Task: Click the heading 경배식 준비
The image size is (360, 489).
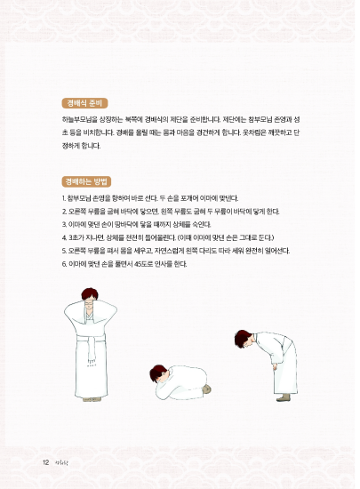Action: pyautogui.click(x=85, y=102)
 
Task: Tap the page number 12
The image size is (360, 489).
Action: pyautogui.click(x=45, y=462)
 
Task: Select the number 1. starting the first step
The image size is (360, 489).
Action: pyautogui.click(x=65, y=197)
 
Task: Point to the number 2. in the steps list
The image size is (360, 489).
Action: pyautogui.click(x=65, y=211)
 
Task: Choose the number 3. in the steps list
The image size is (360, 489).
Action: pyautogui.click(x=65, y=224)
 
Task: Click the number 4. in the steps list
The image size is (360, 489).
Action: pyautogui.click(x=65, y=237)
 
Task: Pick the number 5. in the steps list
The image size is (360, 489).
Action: pyautogui.click(x=65, y=251)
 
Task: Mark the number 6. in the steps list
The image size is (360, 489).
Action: pyautogui.click(x=65, y=264)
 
